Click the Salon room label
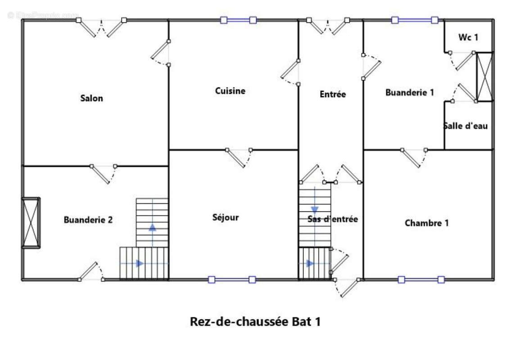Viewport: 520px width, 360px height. pos(91,98)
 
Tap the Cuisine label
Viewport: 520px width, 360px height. pos(230,91)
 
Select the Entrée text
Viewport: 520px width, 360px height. pos(333,94)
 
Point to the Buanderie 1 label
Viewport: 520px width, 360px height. pos(410,93)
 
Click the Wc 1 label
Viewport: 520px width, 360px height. pos(468,37)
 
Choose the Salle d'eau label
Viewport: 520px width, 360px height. pos(466,126)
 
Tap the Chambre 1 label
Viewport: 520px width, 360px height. pos(427,223)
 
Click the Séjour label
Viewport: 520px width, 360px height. pos(226,218)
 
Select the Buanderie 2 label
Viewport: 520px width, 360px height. pos(88,220)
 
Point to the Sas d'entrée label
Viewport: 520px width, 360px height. pos(333,219)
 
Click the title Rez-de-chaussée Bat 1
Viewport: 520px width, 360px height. pos(255,322)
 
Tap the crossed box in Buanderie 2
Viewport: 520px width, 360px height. pos(32,222)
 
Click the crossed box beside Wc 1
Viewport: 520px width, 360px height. pos(485,76)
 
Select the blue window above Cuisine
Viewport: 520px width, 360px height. pos(238,20)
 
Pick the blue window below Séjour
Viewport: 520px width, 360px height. pos(232,279)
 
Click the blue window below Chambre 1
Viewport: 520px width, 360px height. pos(421,279)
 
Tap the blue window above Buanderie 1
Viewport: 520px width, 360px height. pos(415,20)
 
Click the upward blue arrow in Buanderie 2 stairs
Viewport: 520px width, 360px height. pos(153,227)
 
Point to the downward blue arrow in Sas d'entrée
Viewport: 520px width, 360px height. pos(314,210)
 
